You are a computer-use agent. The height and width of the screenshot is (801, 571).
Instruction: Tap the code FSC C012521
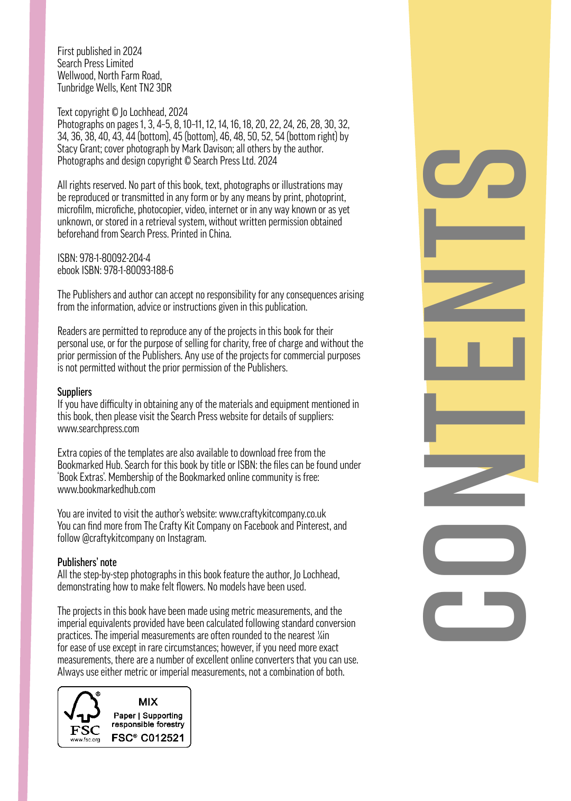coord(148,738)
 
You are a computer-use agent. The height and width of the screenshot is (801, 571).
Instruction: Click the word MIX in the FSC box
coord(148,702)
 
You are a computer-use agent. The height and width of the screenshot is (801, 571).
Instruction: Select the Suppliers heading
coord(75,392)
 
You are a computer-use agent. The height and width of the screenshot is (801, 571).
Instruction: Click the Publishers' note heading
coord(87,562)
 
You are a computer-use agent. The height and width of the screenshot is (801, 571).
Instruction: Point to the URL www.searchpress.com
coord(98,429)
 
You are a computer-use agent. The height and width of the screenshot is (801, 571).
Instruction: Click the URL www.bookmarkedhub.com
coord(106,489)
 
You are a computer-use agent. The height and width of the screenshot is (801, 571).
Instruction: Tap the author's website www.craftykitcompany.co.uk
coord(272,514)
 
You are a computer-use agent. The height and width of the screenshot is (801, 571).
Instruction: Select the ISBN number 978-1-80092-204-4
coord(115,258)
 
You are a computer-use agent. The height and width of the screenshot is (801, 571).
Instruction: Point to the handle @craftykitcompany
coord(118,538)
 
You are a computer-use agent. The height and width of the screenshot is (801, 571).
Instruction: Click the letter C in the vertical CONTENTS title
coord(474,616)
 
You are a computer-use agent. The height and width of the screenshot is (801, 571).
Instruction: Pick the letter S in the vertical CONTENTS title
coord(474,175)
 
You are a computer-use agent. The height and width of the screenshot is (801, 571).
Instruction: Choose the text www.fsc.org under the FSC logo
coord(85,740)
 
